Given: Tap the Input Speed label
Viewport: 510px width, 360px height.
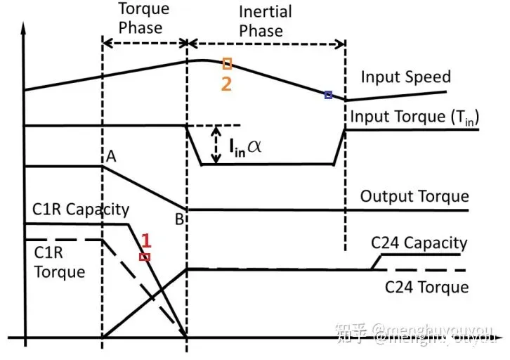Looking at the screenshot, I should (405, 77).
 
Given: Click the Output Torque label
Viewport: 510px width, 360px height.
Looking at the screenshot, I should (414, 196).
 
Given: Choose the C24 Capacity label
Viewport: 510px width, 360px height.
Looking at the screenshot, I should (419, 243).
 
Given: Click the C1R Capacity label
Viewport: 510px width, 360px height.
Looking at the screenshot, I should (81, 210).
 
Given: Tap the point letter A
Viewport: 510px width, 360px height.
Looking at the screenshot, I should (111, 159).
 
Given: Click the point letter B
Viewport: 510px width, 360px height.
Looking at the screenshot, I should (181, 219).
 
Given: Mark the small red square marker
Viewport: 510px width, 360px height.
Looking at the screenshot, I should (145, 257).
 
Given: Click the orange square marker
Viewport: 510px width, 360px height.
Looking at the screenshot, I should (227, 64).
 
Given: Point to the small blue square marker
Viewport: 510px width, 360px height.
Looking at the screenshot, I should (328, 95).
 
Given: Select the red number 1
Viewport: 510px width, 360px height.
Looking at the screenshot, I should (146, 240).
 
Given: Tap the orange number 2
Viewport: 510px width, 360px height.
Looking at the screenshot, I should (227, 82).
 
